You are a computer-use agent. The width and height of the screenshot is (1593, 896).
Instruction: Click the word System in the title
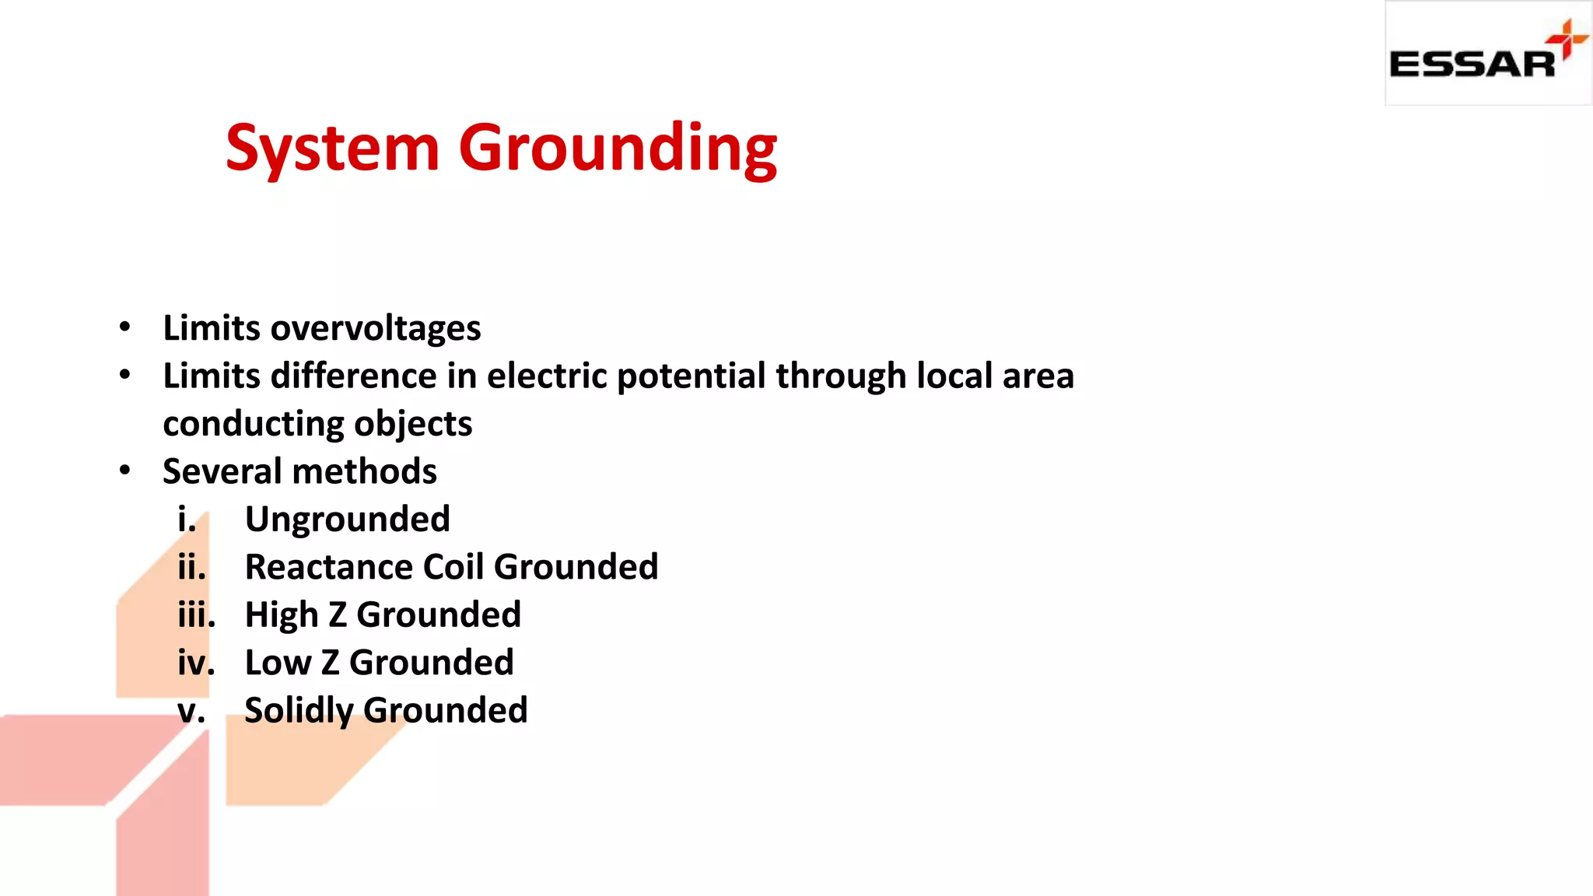[332, 148]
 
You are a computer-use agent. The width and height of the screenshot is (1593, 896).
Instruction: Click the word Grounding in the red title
[618, 149]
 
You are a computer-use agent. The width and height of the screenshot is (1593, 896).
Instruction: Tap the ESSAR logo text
[1472, 65]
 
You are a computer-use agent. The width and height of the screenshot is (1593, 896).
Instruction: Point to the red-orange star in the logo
[1567, 39]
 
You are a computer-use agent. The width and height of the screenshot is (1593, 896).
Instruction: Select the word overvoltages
[376, 328]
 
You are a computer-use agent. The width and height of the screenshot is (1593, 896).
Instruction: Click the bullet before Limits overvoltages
[125, 327]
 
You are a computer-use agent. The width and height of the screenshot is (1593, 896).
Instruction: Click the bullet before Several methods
[125, 471]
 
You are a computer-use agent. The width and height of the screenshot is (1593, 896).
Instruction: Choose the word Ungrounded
[347, 520]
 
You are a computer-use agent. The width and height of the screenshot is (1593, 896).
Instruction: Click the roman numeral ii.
[191, 567]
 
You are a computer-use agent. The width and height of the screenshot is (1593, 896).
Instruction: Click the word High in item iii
[281, 615]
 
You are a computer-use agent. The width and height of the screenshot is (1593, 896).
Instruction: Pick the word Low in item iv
[278, 663]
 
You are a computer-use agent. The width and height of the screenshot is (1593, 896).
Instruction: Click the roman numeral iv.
[195, 663]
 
